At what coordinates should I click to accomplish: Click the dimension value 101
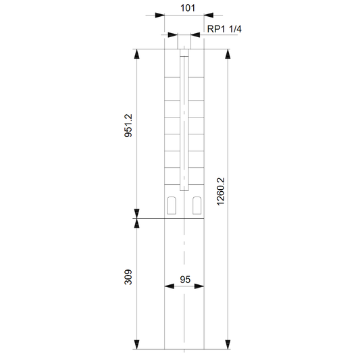tap(188, 8)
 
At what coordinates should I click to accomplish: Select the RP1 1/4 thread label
tap(224, 29)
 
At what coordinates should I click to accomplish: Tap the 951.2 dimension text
tap(128, 126)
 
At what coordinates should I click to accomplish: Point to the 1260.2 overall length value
tap(221, 191)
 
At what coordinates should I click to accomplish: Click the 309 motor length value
tap(128, 277)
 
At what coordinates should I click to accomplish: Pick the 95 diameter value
tap(185, 280)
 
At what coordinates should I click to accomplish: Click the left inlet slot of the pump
tap(172, 205)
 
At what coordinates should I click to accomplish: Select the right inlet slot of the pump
tap(197, 205)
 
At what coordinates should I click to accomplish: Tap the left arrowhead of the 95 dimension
tap(170, 286)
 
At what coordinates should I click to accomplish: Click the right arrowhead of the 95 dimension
tap(199, 286)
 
